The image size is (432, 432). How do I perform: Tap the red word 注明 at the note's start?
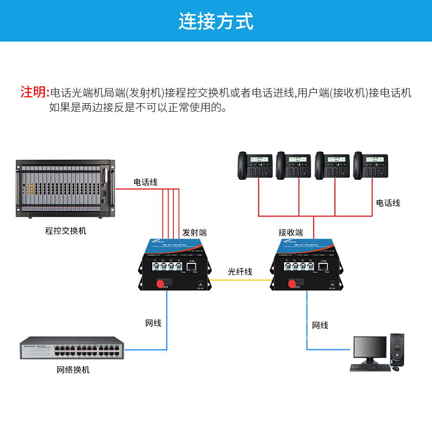click(34, 92)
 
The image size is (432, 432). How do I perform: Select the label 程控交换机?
click(65, 231)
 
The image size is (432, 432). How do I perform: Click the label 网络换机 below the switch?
click(73, 370)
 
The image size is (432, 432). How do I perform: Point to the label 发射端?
click(194, 233)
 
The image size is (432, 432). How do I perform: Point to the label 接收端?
click(291, 233)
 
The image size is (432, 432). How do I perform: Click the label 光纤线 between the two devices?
click(240, 272)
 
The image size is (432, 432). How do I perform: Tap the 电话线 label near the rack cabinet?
click(146, 183)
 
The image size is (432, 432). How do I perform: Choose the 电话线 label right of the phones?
click(388, 203)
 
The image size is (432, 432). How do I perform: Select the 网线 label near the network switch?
click(153, 323)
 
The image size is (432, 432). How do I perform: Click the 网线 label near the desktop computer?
click(320, 325)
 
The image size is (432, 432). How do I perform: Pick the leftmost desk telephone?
click(256, 165)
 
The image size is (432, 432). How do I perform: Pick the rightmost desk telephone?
click(371, 165)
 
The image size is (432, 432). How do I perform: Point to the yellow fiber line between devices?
click(240, 280)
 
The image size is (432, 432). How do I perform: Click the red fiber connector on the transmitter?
click(160, 283)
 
